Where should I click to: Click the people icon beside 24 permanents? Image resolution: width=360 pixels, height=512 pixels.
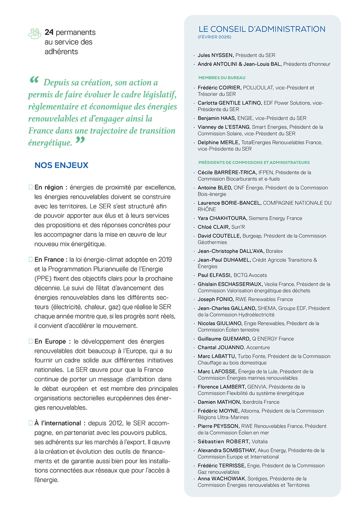(34, 33)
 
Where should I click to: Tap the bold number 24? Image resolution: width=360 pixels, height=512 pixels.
(49, 33)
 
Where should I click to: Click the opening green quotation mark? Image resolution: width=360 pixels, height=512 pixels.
(34, 81)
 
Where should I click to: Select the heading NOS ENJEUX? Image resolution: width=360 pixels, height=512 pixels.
(61, 165)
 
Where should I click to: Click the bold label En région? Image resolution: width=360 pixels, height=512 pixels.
(51, 186)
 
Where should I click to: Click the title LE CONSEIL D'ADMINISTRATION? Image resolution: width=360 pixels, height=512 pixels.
(261, 29)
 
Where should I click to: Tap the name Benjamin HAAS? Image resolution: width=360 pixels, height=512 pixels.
(218, 118)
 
